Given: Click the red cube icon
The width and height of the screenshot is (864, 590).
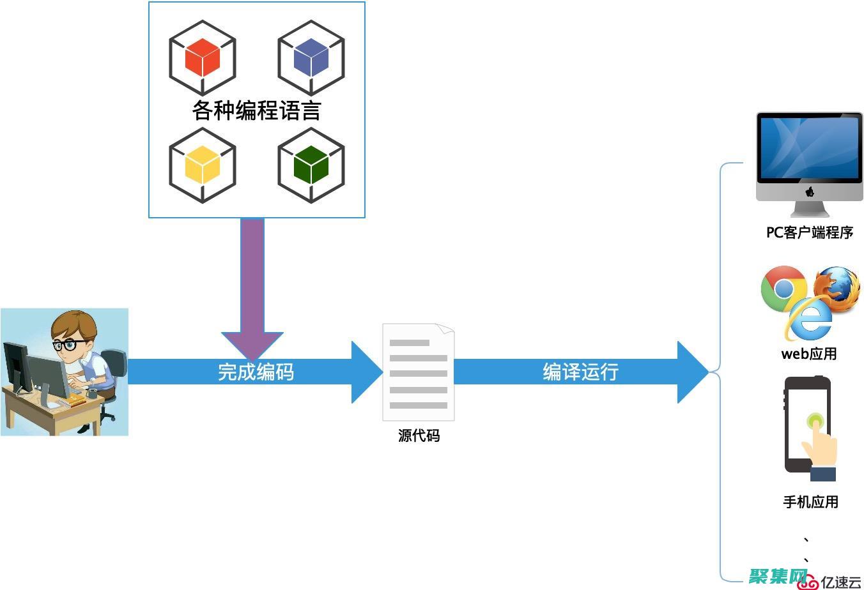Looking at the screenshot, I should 203,57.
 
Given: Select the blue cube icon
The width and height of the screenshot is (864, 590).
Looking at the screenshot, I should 311,57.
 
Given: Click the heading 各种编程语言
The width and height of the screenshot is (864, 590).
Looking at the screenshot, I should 256,110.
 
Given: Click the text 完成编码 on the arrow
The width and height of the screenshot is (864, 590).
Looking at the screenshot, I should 256,372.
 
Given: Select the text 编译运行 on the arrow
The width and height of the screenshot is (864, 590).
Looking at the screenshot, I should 580,372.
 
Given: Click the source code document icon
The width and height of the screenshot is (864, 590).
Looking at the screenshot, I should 418,372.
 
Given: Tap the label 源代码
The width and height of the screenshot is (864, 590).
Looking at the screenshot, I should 419,435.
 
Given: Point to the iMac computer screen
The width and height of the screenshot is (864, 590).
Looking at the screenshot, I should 809,147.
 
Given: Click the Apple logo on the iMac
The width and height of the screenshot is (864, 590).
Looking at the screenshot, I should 810,192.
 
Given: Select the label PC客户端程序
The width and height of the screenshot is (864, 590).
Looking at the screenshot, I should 810,232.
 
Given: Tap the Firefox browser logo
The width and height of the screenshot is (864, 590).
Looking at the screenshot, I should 837,289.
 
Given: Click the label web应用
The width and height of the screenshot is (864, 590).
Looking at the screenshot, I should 809,353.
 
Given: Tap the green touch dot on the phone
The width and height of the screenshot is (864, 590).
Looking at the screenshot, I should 814,421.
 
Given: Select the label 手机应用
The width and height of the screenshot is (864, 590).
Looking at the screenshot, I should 810,502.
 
